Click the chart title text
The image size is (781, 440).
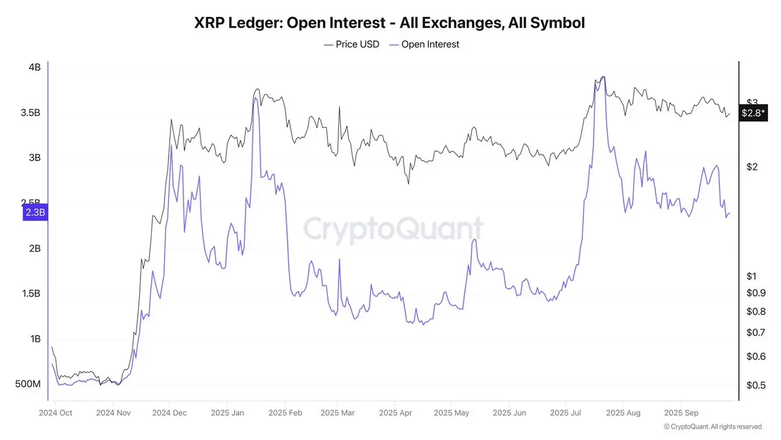tap(390, 23)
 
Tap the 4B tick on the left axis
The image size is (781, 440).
tap(34, 67)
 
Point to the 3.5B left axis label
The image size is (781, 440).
tap(30, 113)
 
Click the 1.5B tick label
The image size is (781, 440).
tap(30, 294)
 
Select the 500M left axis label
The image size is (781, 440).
tap(29, 385)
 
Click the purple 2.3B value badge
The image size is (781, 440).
tap(35, 213)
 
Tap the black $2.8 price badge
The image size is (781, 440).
tap(754, 113)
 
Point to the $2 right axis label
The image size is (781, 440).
tap(752, 167)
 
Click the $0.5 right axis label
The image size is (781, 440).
tap(756, 385)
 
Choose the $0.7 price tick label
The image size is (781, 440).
tap(756, 332)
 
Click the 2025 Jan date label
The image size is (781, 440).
tap(228, 413)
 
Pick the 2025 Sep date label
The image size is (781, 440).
tap(681, 413)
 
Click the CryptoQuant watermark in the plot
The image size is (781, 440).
tap(394, 229)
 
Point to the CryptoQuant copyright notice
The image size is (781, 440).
tap(712, 427)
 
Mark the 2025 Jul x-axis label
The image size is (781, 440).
tap(567, 413)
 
